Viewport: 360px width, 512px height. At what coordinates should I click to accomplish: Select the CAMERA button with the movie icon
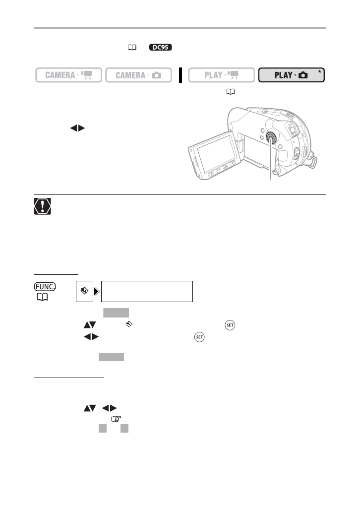tap(68, 75)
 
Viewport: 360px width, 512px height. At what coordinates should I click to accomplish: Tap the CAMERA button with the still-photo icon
tap(138, 75)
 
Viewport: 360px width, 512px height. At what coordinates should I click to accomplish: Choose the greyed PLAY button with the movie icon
tap(221, 75)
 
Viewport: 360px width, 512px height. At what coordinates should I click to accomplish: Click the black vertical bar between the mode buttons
tap(181, 75)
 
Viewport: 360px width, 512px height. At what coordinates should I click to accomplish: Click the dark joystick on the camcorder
tap(271, 138)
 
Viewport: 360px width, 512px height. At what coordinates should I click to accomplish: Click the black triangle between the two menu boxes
tap(97, 291)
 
